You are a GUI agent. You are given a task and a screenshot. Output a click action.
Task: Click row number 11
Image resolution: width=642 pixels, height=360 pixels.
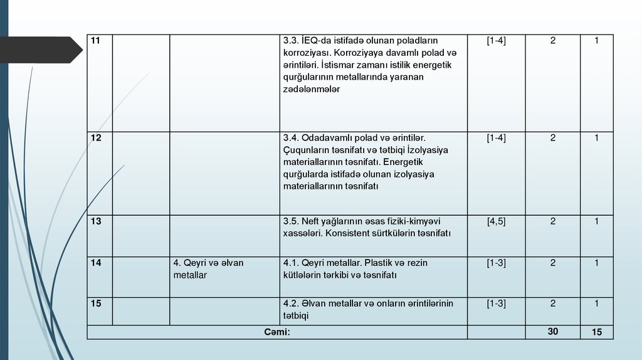click(95, 41)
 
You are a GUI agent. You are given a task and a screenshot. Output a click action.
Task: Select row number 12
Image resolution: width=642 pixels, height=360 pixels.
click(95, 137)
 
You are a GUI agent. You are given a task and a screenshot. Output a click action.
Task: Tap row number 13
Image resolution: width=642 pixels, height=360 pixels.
click(95, 221)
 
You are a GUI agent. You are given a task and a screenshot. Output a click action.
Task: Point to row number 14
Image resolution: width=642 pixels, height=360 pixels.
click(95, 263)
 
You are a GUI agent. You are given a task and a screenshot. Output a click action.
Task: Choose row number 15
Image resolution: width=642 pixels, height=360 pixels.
click(95, 304)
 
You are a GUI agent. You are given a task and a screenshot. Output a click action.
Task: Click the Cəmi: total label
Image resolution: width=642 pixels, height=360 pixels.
click(276, 332)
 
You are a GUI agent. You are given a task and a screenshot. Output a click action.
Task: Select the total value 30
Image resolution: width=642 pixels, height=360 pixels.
click(552, 332)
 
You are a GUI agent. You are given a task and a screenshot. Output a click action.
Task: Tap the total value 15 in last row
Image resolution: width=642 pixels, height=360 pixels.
click(596, 332)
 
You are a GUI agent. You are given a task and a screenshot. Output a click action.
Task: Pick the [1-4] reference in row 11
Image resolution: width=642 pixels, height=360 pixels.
click(496, 41)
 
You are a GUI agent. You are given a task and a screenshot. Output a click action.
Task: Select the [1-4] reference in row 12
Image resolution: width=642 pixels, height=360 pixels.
click(496, 137)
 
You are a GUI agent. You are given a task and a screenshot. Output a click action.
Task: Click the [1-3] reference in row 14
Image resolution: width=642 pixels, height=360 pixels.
click(496, 263)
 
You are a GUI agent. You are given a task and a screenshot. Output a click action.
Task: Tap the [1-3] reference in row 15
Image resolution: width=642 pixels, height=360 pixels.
click(496, 304)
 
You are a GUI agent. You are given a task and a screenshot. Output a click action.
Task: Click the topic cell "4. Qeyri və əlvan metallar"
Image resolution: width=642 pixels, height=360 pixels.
click(208, 269)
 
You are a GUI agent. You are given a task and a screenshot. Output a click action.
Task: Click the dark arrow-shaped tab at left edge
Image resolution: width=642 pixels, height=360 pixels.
click(40, 50)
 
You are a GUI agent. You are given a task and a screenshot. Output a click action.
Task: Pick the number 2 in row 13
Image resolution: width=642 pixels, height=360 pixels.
click(553, 221)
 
